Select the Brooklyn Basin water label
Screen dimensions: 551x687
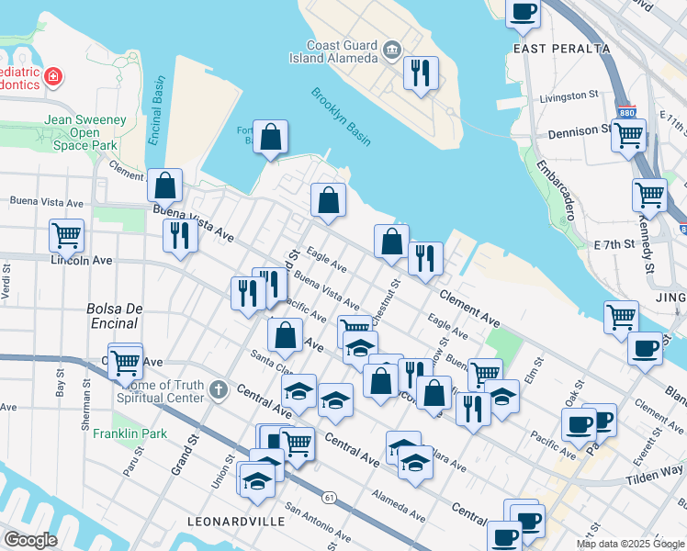(x=340, y=117)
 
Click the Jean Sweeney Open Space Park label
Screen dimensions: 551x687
(x=84, y=132)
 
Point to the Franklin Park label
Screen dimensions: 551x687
(x=130, y=433)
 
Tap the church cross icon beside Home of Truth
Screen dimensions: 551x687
(x=217, y=390)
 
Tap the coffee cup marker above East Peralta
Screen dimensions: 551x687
(x=523, y=13)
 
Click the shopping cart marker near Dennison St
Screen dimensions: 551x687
(x=628, y=135)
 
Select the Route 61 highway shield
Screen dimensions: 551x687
(x=328, y=497)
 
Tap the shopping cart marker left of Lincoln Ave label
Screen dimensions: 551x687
(x=67, y=235)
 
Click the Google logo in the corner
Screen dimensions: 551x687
(x=30, y=540)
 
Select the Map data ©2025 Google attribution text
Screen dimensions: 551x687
(x=629, y=544)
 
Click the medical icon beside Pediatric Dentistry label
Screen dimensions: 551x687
(x=53, y=75)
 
